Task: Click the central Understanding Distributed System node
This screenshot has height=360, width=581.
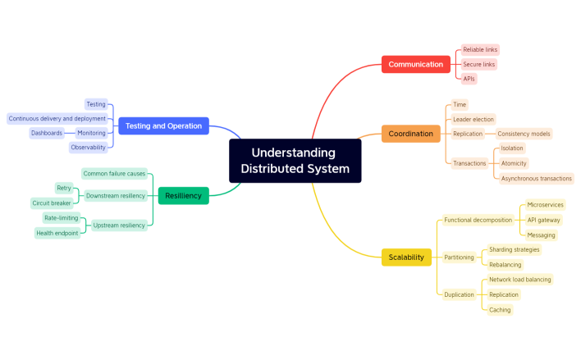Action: [x=295, y=161]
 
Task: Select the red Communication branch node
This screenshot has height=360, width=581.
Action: [x=415, y=64]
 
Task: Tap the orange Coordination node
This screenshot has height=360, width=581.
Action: [x=410, y=134]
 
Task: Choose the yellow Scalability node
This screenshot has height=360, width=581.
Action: [x=406, y=257]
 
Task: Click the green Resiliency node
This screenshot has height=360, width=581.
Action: [x=183, y=195]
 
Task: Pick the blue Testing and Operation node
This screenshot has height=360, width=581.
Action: [x=163, y=125]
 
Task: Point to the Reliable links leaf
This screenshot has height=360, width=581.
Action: [x=480, y=50]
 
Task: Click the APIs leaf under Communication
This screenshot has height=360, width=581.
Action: [x=469, y=79]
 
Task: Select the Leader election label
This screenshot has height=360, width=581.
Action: [x=473, y=119]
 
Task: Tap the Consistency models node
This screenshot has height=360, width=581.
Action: [x=524, y=134]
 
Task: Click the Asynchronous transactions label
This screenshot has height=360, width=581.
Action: [x=537, y=178]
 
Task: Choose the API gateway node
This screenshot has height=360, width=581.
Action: [x=543, y=220]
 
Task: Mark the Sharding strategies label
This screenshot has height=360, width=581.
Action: [x=515, y=249]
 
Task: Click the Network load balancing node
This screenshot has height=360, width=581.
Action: [x=519, y=280]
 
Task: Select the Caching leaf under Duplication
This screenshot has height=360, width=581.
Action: [x=500, y=309]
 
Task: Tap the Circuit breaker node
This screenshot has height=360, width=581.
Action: [x=52, y=203]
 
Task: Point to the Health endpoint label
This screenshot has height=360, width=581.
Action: [x=57, y=233]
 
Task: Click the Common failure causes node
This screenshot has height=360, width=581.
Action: [x=114, y=174]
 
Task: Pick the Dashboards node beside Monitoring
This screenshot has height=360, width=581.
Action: [x=47, y=133]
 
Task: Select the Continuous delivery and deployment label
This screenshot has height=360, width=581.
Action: [x=57, y=118]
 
